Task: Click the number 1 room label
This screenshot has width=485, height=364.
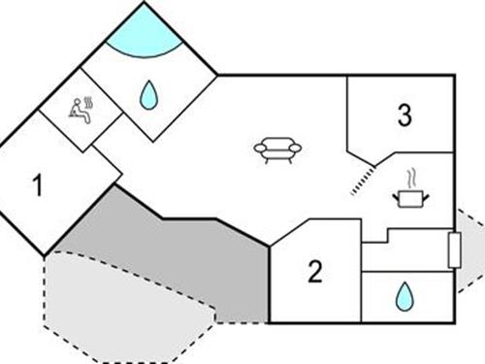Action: (x=37, y=184)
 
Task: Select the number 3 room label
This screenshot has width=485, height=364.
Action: (x=404, y=116)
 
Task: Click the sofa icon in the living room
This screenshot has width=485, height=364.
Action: (x=277, y=149)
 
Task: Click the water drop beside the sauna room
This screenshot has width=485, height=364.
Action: (x=148, y=94)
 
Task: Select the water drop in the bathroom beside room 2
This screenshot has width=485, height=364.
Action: (x=403, y=297)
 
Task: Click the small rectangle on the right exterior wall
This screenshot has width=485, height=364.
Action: (x=452, y=249)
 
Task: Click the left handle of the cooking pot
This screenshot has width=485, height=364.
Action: (x=394, y=197)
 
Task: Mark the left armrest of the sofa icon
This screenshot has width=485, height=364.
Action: (x=259, y=149)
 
